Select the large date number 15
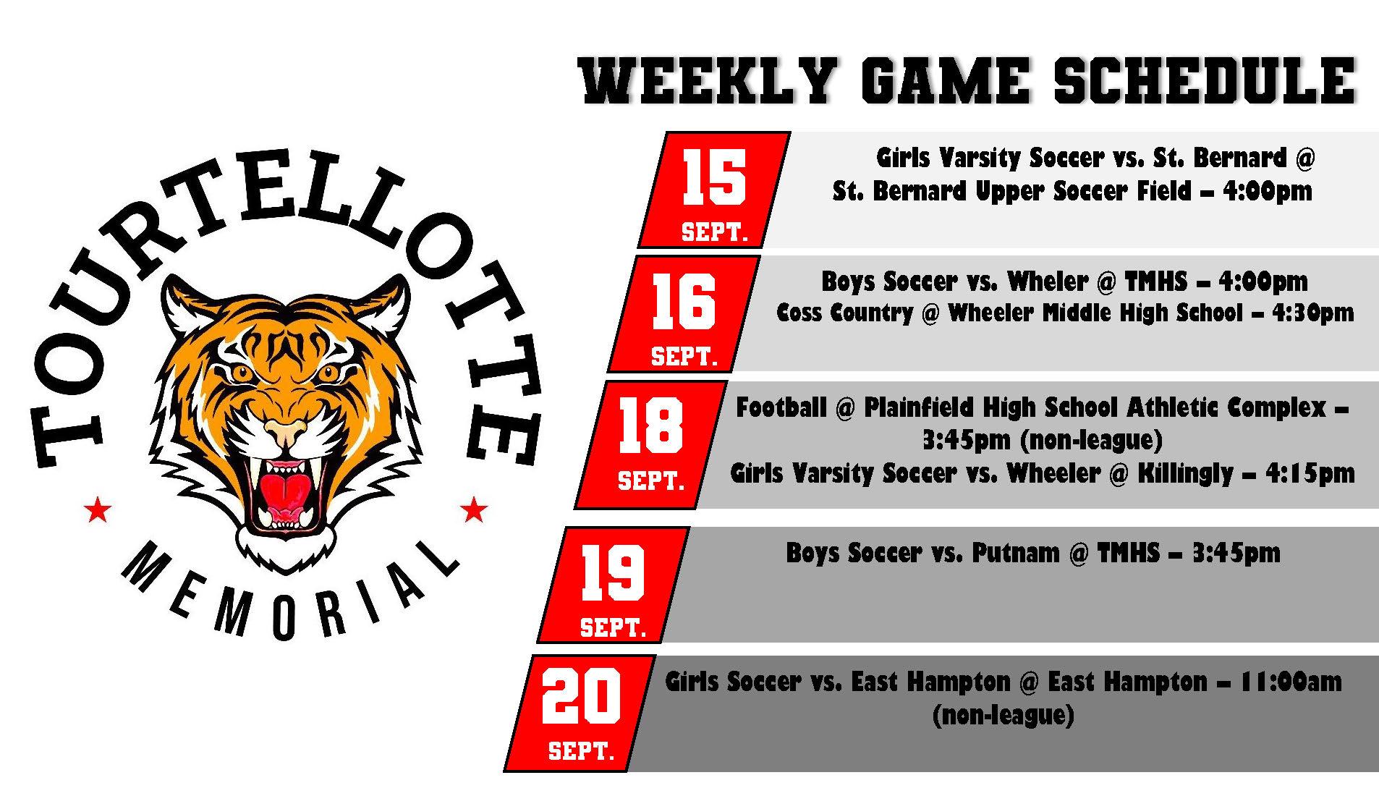pos(714,177)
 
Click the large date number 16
pos(684,301)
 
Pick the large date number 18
pos(650,425)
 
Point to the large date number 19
pos(614,572)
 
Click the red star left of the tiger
pos(97,510)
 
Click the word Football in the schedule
pos(781,407)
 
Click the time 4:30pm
pos(1309,313)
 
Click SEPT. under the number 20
pos(581,750)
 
